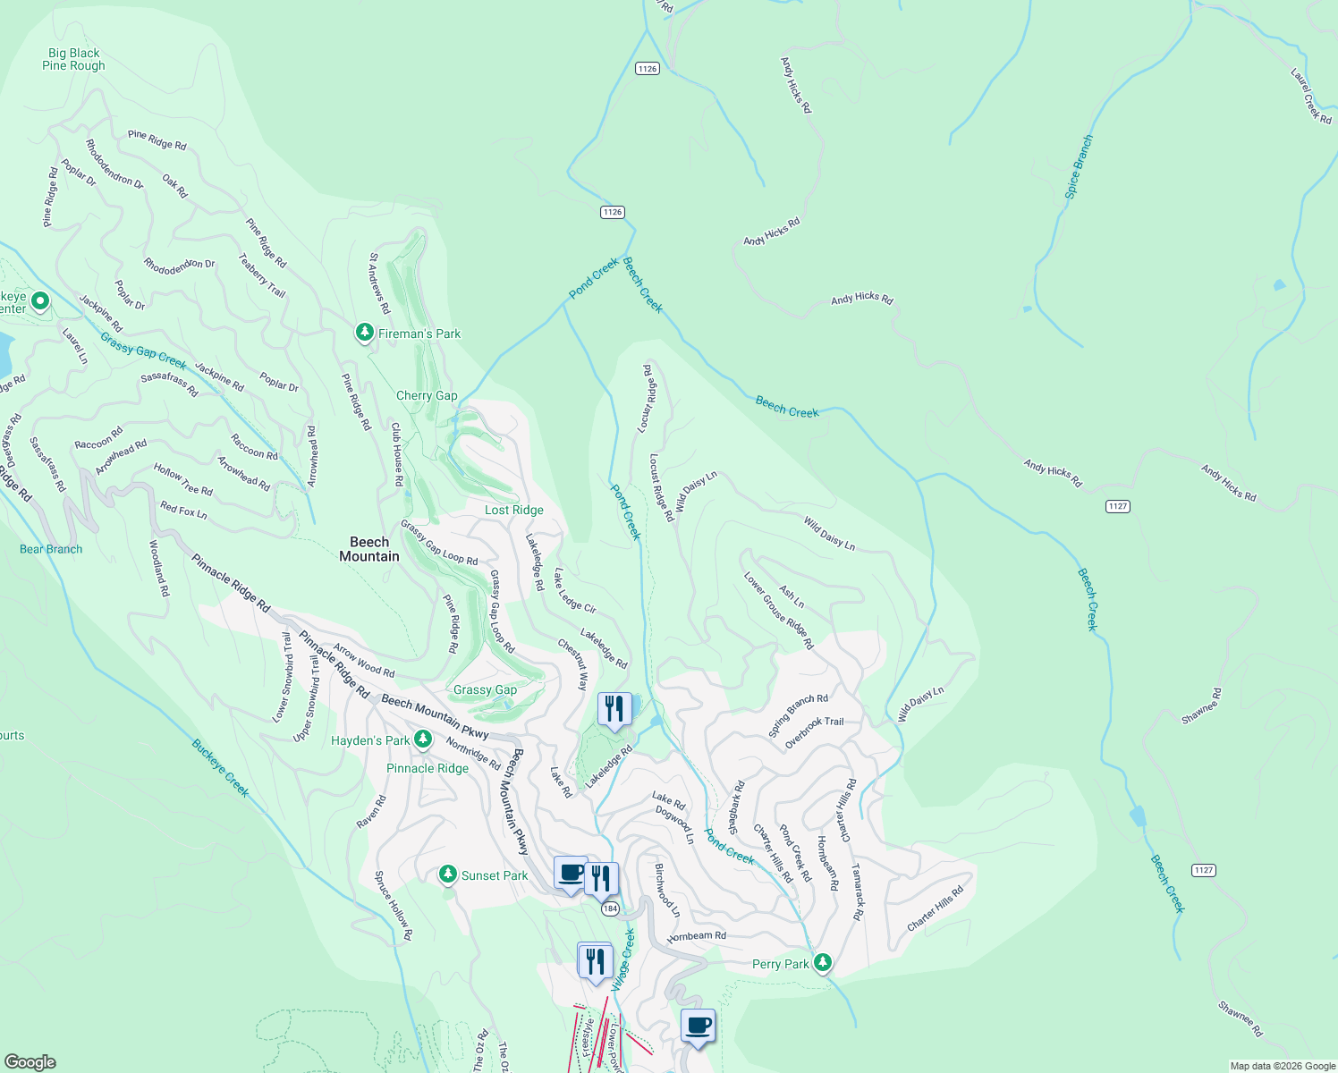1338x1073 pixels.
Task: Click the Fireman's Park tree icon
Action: coord(364,333)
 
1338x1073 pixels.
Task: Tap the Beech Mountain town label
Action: coord(369,549)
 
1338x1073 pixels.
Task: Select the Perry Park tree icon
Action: coord(823,963)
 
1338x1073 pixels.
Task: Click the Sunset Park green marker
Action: coord(448,874)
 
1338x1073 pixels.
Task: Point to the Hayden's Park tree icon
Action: coord(423,739)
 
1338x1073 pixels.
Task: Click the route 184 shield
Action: coord(610,908)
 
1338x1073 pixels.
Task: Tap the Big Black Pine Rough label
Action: coord(73,59)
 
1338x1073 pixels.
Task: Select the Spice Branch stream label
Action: coord(1080,166)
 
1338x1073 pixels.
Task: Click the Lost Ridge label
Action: coord(514,510)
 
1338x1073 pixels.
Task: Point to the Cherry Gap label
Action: coord(427,395)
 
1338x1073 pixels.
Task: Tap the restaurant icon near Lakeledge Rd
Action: coord(614,710)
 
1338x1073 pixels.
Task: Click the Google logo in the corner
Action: coord(30,1061)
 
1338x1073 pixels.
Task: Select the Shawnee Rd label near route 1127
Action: coord(1201,706)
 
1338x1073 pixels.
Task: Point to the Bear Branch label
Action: coord(51,549)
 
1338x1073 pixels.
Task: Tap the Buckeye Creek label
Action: coord(220,768)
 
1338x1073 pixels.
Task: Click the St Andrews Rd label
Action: coord(379,283)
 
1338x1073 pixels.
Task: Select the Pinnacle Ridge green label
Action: coord(428,768)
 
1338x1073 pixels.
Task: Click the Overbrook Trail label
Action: coord(814,733)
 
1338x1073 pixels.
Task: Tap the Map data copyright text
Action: coord(1282,1066)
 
